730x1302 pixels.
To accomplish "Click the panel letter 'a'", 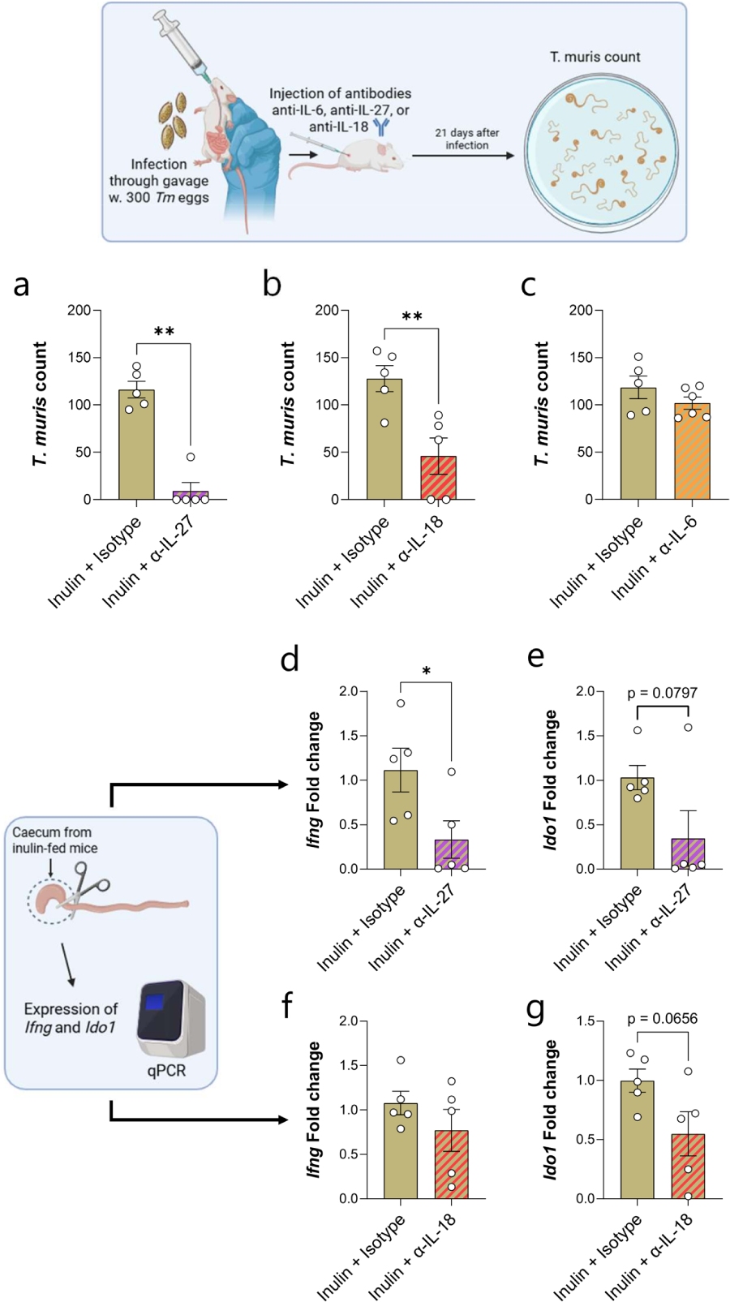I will tap(22, 286).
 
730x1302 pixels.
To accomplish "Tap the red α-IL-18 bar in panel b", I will tap(438, 478).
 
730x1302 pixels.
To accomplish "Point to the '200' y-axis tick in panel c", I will tap(580, 310).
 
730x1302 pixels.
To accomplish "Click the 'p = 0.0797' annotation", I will tap(662, 693).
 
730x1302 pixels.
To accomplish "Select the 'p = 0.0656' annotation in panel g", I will tap(662, 1019).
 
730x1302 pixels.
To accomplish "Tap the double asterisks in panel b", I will tap(411, 317).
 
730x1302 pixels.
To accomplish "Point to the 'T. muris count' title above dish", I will tap(595, 57).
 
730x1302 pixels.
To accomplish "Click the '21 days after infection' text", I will tap(467, 139).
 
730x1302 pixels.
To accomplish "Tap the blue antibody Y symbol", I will tap(380, 127).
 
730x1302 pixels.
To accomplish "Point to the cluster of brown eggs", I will tap(174, 121).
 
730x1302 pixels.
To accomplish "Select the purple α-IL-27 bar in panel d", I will tap(451, 854).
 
